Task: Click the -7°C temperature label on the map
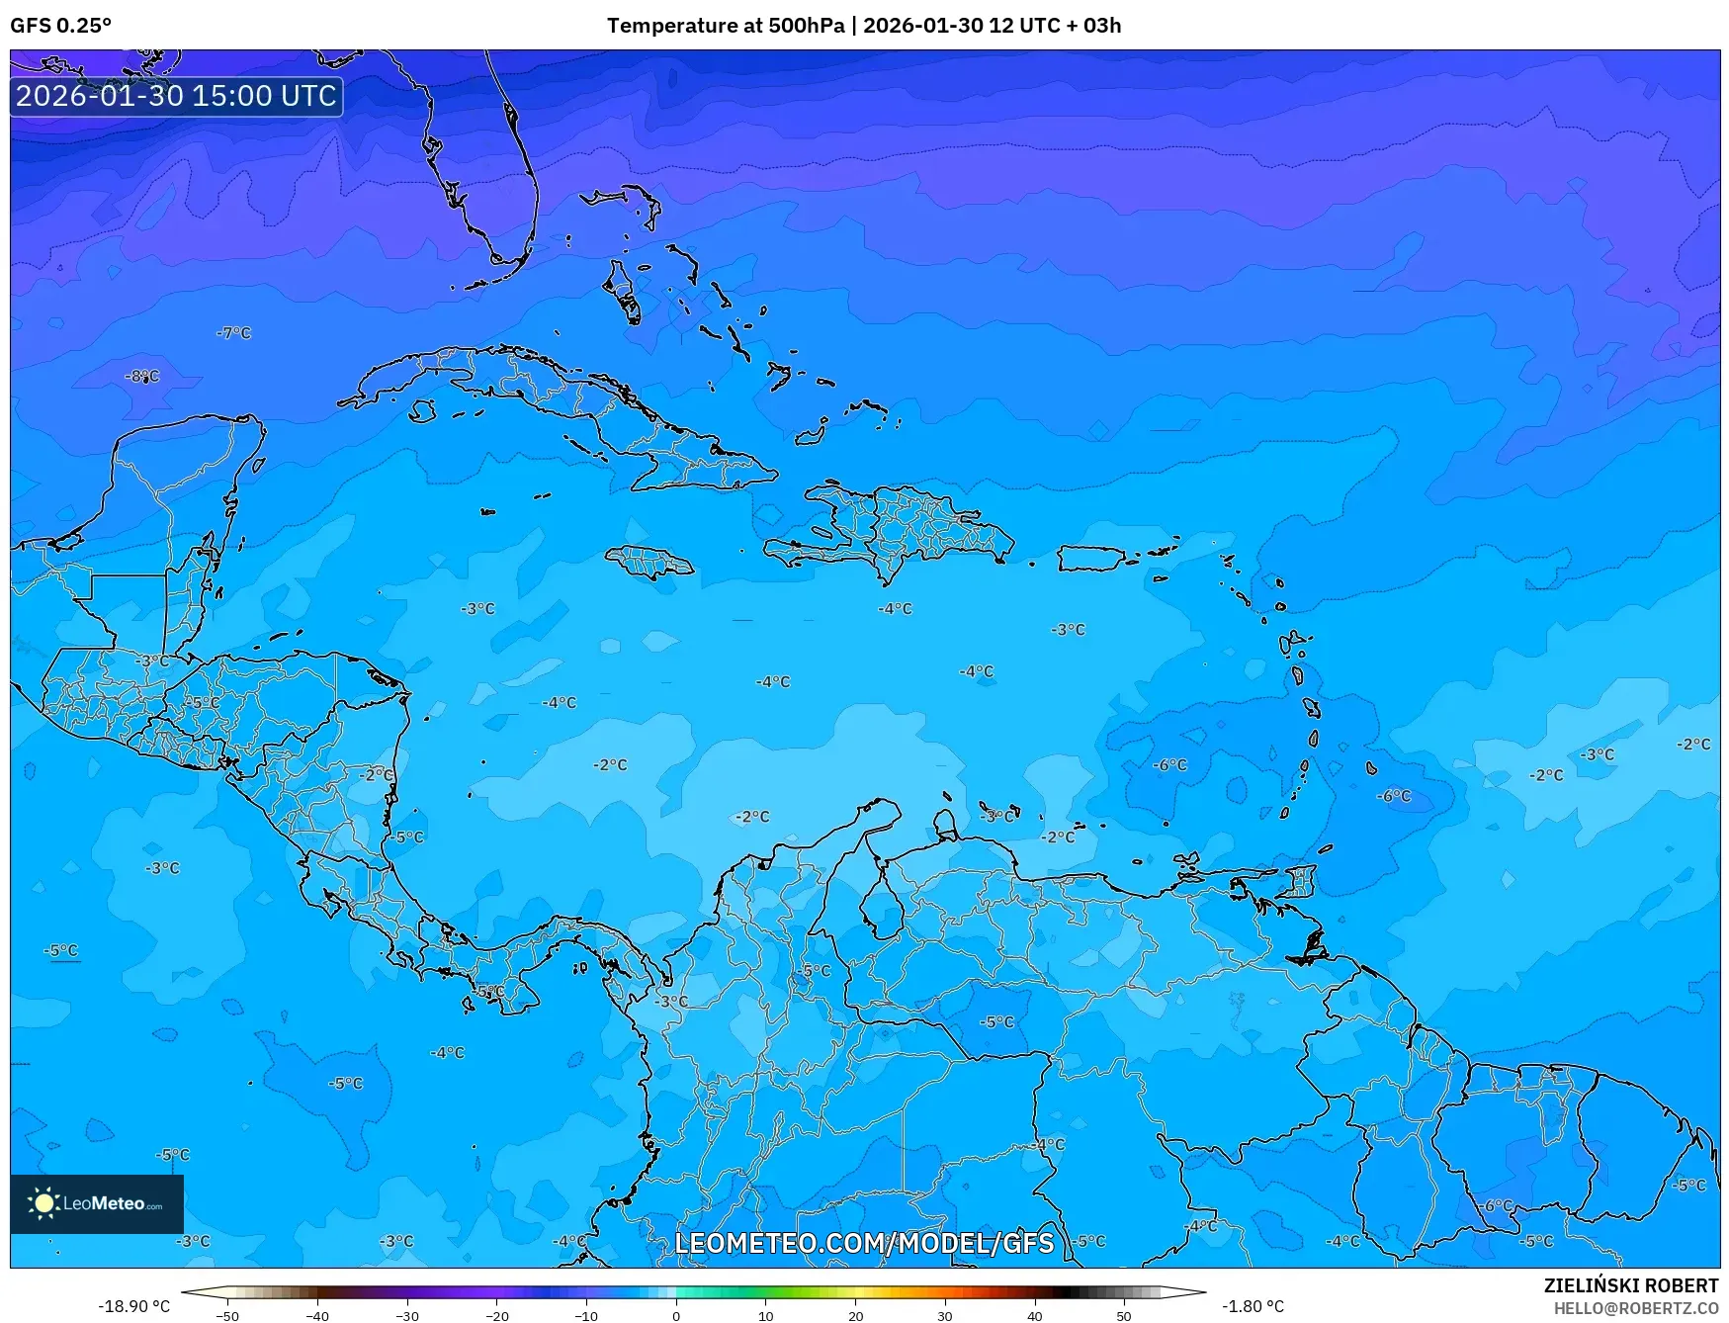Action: point(233,333)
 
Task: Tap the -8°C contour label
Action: point(141,376)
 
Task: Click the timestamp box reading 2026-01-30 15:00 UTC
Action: point(176,96)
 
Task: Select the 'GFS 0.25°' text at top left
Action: point(60,26)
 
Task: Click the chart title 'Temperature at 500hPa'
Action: point(726,26)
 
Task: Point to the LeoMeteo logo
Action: point(97,1203)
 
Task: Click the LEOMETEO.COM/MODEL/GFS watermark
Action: point(864,1243)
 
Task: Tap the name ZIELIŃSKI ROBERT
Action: point(1631,1285)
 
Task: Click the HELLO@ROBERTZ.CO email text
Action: point(1635,1308)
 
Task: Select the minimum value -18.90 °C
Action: point(133,1306)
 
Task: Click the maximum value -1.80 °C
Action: point(1253,1306)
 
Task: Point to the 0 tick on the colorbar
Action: point(676,1315)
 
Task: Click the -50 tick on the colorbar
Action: point(227,1315)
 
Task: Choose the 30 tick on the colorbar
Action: point(945,1315)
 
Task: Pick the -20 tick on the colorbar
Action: point(496,1315)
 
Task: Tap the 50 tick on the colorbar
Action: point(1124,1315)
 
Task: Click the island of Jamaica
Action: point(649,563)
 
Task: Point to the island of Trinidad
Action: point(1310,947)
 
